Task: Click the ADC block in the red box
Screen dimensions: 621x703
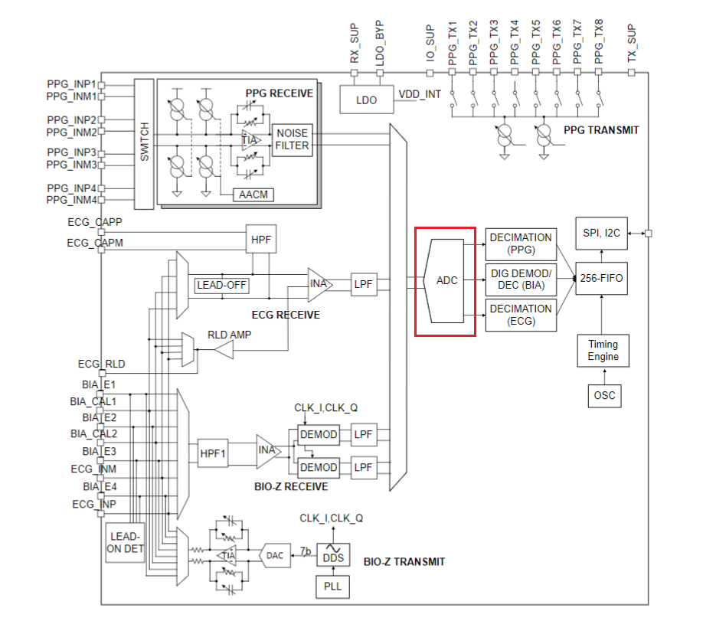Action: coord(445,280)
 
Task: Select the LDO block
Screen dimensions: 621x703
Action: coord(366,100)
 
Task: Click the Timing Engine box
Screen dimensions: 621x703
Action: coord(603,351)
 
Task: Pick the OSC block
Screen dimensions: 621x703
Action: coord(603,396)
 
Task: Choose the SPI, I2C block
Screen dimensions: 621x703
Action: coord(602,233)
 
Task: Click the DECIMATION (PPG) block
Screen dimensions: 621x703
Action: coord(521,243)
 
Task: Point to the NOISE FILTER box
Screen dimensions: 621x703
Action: coord(293,139)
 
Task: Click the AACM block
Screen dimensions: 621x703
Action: coord(253,194)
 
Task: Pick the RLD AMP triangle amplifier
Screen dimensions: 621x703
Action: coord(223,349)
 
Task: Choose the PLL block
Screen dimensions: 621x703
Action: coord(333,587)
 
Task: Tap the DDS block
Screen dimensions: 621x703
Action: coord(333,557)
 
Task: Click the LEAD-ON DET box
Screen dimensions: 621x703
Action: coord(124,542)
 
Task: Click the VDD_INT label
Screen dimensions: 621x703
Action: coord(420,94)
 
